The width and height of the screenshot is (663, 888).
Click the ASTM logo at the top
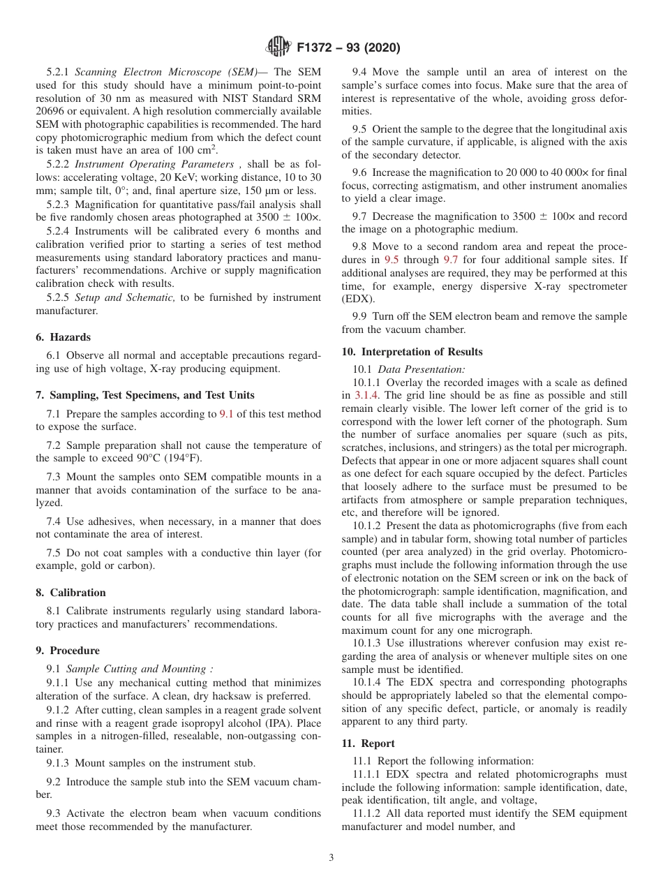279,47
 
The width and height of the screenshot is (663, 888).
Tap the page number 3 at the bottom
331,858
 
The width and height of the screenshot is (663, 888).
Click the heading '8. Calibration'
70,593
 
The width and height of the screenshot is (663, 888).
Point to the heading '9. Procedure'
68,650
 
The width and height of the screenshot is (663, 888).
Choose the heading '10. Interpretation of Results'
412,351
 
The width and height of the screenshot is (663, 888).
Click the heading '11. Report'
368,743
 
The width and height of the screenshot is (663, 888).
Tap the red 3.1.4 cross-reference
366,395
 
